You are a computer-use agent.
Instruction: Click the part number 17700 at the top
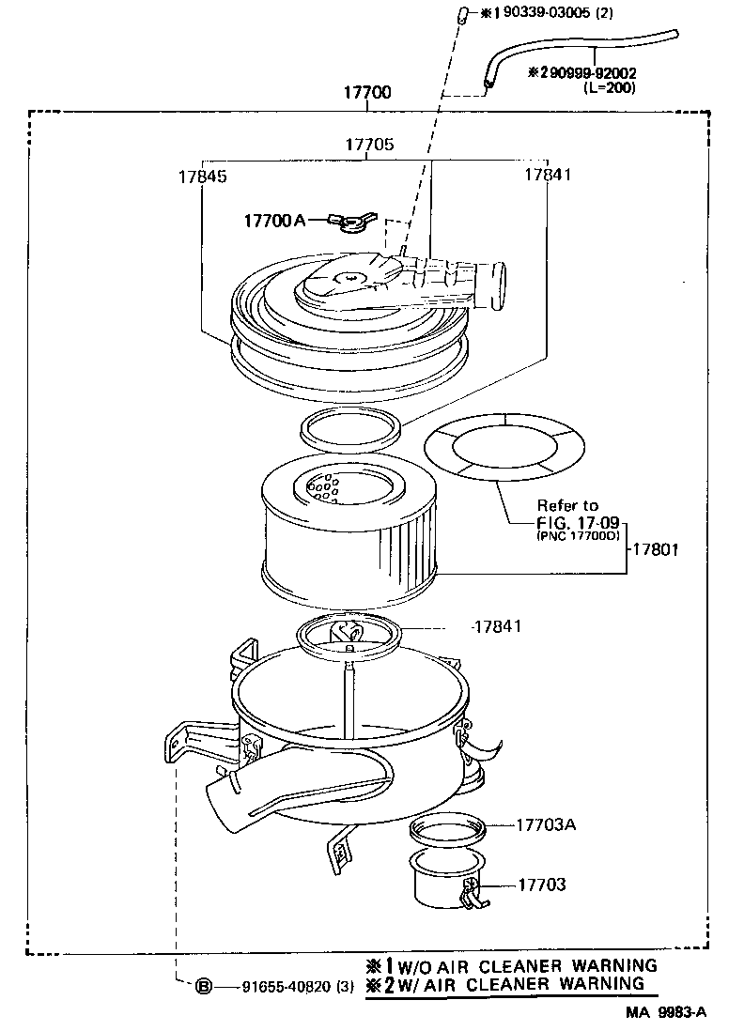point(367,94)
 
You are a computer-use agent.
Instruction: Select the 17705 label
point(369,146)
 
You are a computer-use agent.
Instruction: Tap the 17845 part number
point(202,176)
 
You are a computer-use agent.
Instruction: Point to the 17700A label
point(274,220)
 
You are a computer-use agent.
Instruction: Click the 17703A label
point(546,824)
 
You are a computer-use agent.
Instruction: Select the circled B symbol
point(202,987)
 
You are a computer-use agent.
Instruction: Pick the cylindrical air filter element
point(348,535)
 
